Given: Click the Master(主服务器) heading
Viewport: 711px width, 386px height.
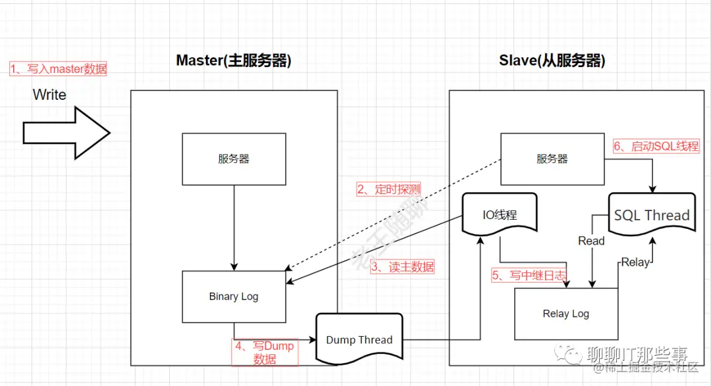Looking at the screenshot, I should click(x=233, y=61).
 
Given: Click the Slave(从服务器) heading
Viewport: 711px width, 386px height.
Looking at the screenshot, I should click(x=552, y=61).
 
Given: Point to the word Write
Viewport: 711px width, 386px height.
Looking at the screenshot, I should click(x=49, y=95).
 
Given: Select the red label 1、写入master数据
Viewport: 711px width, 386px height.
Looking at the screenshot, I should click(x=58, y=69).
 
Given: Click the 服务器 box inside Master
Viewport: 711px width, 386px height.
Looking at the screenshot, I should click(x=234, y=159).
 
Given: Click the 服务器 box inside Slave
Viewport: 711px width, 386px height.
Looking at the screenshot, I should click(x=552, y=159).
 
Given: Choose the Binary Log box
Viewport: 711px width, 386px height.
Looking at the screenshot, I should click(x=234, y=297).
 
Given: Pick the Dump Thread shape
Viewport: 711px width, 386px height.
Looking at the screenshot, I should click(x=359, y=339).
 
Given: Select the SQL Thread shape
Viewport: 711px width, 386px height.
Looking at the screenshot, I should click(x=651, y=214).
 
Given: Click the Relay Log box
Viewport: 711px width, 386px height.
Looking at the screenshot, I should click(x=566, y=314).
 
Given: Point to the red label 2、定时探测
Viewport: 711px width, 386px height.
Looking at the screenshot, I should click(x=388, y=189).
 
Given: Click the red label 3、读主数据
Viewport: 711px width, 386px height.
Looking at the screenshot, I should click(x=402, y=267).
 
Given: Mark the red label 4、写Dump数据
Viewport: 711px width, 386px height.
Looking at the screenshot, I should click(x=265, y=352).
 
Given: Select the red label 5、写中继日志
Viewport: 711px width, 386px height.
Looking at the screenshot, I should click(x=529, y=275).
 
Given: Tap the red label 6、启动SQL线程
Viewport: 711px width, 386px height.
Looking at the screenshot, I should click(x=656, y=146).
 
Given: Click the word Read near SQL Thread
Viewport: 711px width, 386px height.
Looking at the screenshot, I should click(x=591, y=241).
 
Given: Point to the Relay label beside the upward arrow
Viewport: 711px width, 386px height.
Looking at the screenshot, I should click(x=635, y=262).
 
